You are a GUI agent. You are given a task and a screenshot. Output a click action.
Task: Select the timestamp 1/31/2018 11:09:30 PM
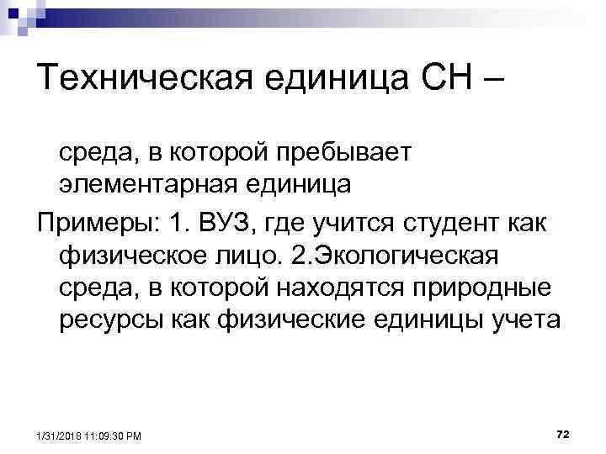coord(88,436)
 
